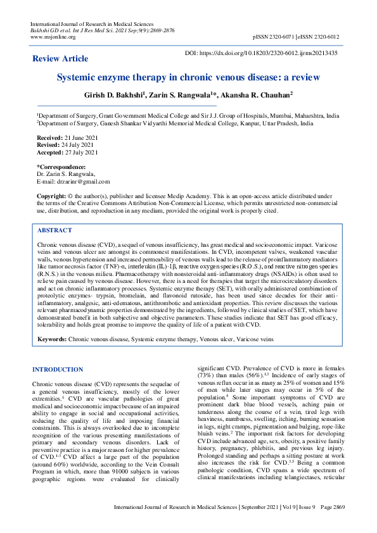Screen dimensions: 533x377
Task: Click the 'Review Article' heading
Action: (61, 59)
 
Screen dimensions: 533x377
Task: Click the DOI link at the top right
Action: (269, 53)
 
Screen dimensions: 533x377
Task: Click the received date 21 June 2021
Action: (80, 137)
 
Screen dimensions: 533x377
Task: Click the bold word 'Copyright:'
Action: (52, 198)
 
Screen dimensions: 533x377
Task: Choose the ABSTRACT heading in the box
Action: (54, 231)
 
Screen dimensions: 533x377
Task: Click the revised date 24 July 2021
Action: (79, 145)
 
